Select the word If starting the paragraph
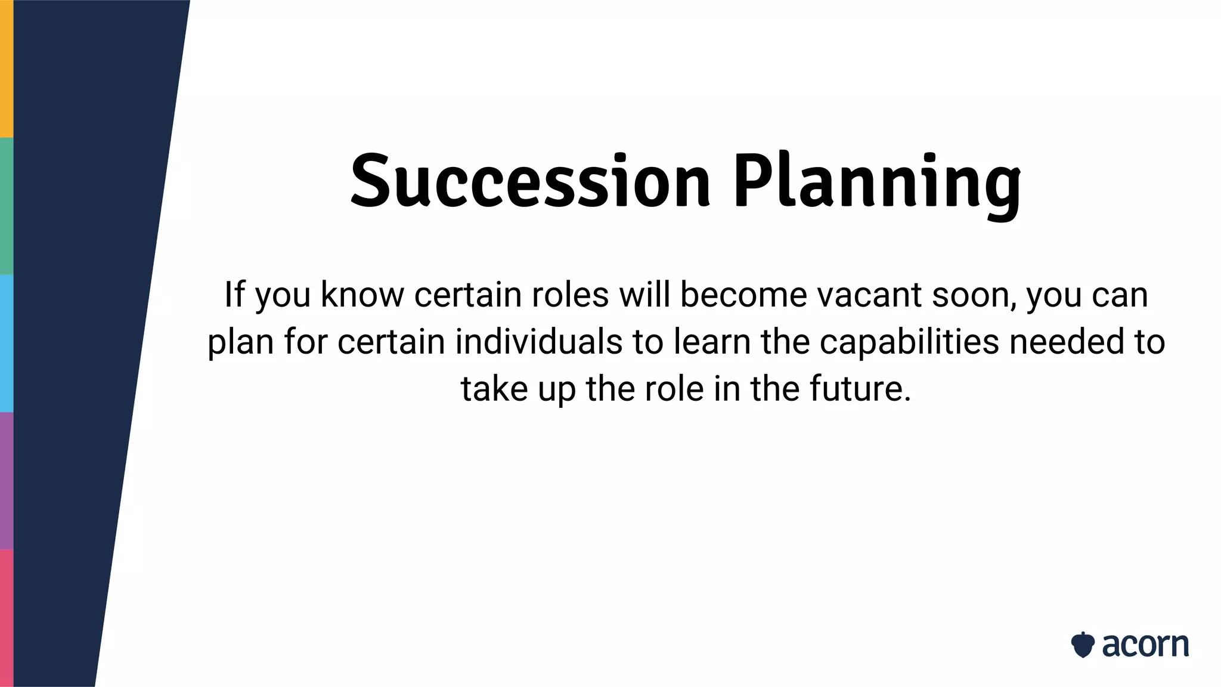(x=234, y=294)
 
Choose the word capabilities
(x=909, y=342)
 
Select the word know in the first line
(x=362, y=295)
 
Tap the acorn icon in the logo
(x=1082, y=645)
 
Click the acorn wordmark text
(x=1145, y=645)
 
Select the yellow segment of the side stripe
(x=7, y=69)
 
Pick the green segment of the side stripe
(x=7, y=206)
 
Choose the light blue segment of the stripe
(x=7, y=343)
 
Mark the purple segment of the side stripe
(x=7, y=480)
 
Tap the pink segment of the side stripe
(x=7, y=618)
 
